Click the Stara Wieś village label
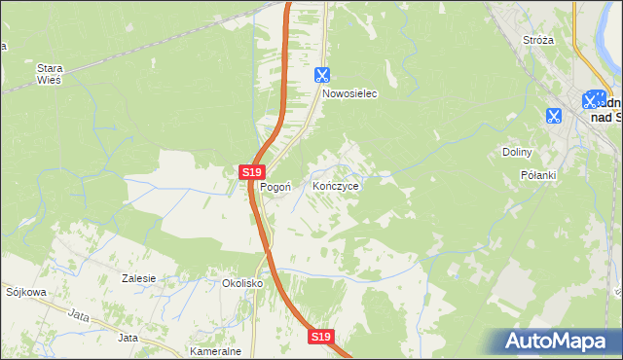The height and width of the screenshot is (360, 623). pos(49,74)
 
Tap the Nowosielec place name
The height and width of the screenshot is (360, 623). pos(349,95)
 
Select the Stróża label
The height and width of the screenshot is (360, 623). pos(538,40)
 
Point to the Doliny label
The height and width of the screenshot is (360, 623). pos(516,152)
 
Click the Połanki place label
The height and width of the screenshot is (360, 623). pos(537,175)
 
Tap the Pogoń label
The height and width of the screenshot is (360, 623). pos(275,187)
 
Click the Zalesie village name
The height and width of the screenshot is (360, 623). pos(139,278)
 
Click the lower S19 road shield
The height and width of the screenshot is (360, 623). pos(322,336)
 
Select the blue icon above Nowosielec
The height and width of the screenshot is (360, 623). pos(323,74)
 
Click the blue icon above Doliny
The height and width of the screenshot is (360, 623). pos(553,116)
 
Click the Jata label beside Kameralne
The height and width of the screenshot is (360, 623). pos(128,338)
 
